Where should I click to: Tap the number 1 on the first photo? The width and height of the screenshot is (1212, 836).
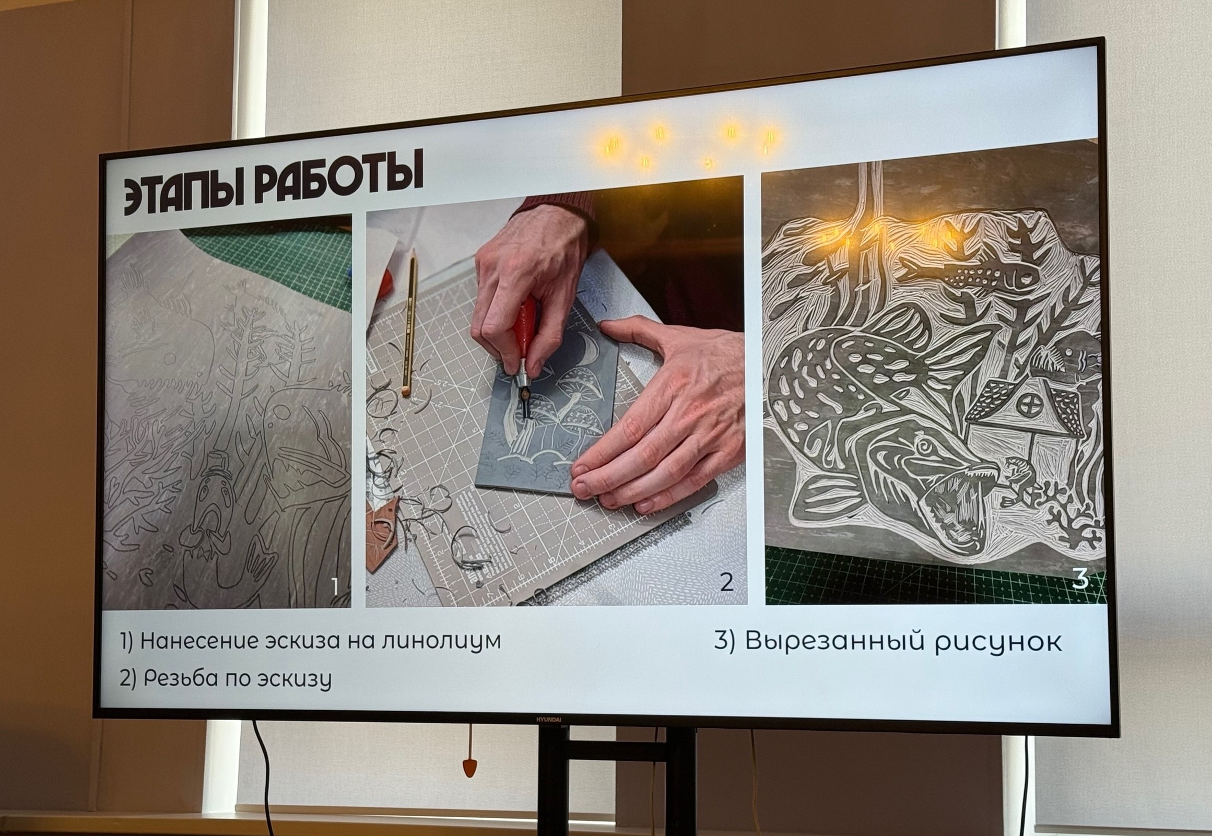click(x=335, y=586)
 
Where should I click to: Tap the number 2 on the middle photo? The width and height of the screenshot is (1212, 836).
click(x=726, y=581)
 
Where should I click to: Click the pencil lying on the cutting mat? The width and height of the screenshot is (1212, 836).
click(x=409, y=322)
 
